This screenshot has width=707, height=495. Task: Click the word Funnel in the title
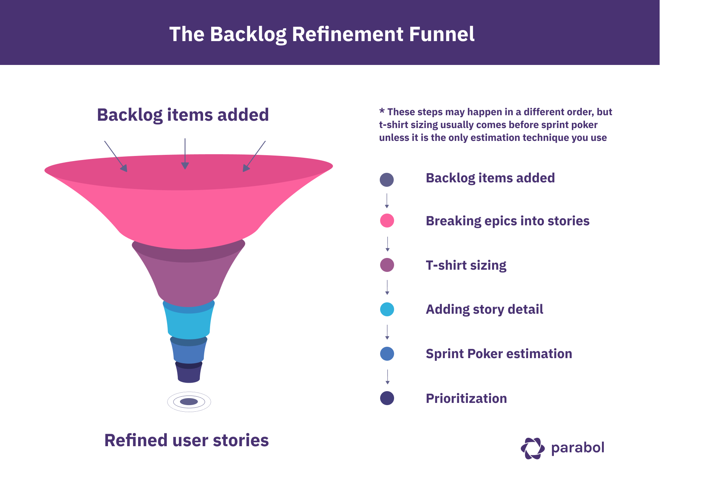(x=441, y=34)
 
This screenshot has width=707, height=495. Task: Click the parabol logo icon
(x=533, y=448)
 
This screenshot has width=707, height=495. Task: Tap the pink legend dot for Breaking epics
(x=387, y=221)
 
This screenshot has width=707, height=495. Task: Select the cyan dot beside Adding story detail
(x=387, y=309)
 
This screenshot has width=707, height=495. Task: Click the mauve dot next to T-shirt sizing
(x=387, y=265)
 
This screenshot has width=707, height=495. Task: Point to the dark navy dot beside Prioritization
(x=387, y=398)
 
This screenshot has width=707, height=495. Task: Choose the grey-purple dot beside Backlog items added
(x=387, y=180)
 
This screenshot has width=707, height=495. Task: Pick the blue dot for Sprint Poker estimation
(x=387, y=354)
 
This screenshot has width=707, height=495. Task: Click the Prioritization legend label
(x=466, y=398)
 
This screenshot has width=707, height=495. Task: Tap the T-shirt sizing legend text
(x=466, y=265)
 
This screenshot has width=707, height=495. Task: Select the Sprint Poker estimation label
(x=499, y=354)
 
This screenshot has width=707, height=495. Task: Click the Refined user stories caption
(x=187, y=440)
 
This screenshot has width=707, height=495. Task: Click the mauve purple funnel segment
(x=188, y=281)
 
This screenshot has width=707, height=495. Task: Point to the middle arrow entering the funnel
(x=185, y=154)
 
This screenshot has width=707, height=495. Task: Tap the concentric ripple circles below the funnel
(x=189, y=402)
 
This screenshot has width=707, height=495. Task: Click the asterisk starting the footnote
(x=382, y=111)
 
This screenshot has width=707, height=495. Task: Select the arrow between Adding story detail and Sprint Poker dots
(x=387, y=332)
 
